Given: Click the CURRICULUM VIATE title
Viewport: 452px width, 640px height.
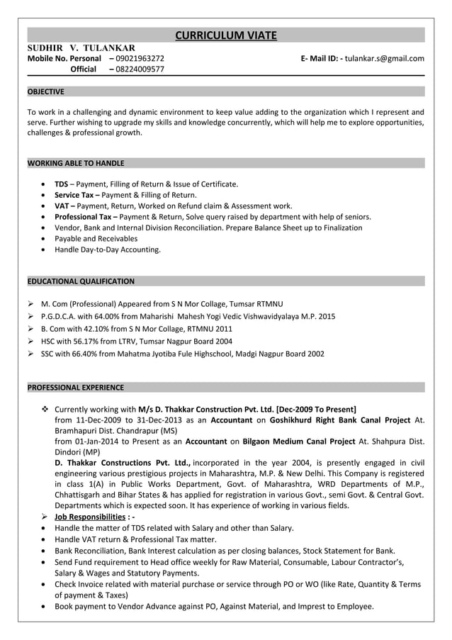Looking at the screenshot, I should click(225, 35).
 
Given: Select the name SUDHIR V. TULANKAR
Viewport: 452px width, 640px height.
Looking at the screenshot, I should click(81, 47).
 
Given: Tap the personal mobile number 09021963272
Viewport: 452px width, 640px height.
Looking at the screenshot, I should click(140, 58).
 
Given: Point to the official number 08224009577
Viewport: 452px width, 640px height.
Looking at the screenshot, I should click(140, 69).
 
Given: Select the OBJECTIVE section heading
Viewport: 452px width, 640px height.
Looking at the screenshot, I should click(45, 91).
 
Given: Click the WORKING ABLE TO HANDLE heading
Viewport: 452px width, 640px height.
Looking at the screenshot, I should click(75, 163).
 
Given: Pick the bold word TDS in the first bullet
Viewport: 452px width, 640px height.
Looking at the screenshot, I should click(61, 184).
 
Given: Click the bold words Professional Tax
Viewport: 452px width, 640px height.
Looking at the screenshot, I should click(84, 217).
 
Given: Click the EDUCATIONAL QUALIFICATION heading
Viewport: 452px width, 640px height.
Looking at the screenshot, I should click(80, 281).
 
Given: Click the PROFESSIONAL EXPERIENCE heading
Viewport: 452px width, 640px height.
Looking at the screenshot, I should click(75, 388).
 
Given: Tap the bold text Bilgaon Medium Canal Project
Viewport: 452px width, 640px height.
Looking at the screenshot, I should click(298, 441).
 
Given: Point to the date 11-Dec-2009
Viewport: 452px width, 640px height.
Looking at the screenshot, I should click(103, 420).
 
